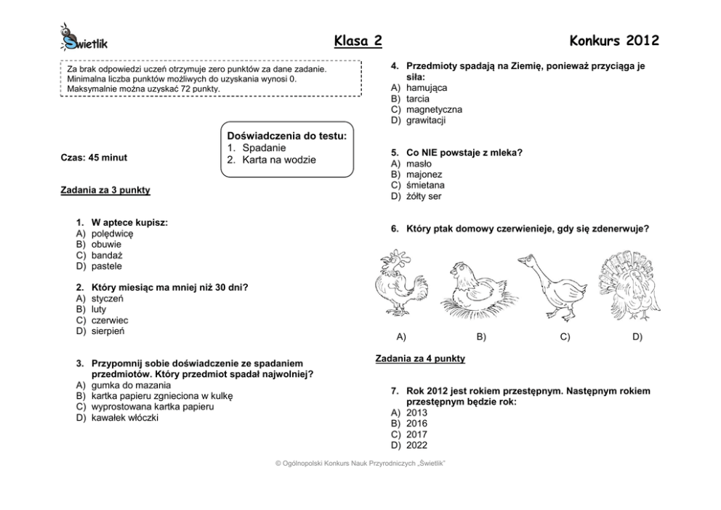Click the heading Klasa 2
pyautogui.click(x=358, y=41)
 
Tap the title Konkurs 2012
pyautogui.click(x=614, y=41)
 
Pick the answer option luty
pyautogui.click(x=99, y=309)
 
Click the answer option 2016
pyautogui.click(x=416, y=424)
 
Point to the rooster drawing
pyautogui.click(x=402, y=286)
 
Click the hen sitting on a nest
pyautogui.click(x=480, y=290)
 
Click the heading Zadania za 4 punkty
pyautogui.click(x=420, y=359)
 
